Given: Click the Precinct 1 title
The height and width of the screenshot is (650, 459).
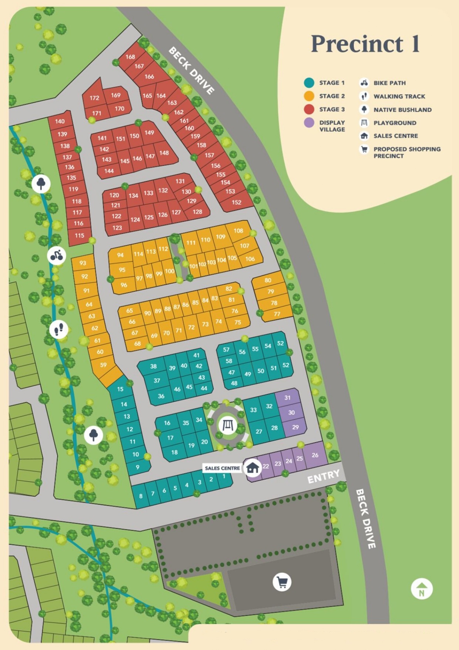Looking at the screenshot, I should [365, 44].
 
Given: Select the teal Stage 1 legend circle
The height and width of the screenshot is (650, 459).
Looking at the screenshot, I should [309, 83].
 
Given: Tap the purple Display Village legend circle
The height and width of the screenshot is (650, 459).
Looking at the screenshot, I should [309, 123].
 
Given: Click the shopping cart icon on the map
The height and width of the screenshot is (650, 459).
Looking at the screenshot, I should [282, 582].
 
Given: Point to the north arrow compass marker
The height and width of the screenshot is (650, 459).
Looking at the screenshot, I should [421, 589].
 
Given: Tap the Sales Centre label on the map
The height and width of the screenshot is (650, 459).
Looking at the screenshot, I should [222, 468].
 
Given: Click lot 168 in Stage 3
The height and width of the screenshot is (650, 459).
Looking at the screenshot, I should [130, 57].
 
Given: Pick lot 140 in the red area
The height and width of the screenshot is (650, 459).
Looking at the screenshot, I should [60, 121].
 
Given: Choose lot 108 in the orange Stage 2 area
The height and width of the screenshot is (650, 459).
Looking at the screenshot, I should [238, 230].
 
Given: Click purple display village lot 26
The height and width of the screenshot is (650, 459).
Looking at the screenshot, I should [315, 455].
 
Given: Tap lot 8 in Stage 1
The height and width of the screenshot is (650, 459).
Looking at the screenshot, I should [141, 496].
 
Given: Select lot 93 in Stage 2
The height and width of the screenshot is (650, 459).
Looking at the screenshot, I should [82, 263].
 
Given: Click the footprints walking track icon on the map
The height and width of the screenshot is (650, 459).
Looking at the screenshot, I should [59, 329].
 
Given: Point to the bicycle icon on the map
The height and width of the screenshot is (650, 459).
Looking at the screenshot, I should [57, 255].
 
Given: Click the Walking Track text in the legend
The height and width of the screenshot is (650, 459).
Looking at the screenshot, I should [399, 96].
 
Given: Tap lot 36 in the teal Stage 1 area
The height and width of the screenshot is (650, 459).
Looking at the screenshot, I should [161, 396].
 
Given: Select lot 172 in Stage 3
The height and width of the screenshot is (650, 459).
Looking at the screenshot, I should [94, 98].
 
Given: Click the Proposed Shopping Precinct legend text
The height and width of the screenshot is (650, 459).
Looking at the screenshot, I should [406, 152].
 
